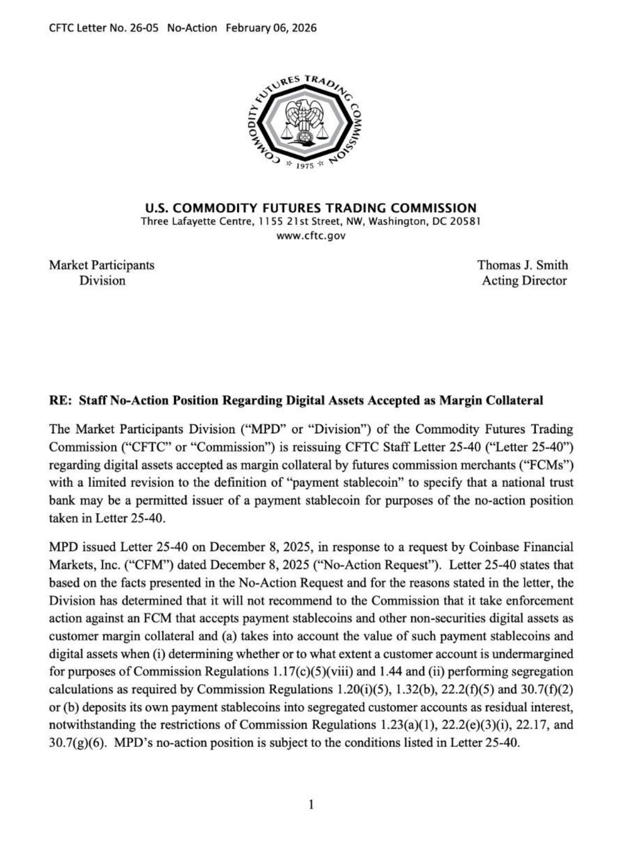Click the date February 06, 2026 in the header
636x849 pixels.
[x=271, y=28]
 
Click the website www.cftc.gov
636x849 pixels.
[x=311, y=236]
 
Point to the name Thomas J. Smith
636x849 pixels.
[x=522, y=265]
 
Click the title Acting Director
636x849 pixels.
[x=524, y=281]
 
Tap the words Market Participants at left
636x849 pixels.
[x=101, y=265]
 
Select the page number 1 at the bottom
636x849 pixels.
[x=311, y=804]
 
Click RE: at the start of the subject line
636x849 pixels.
[x=61, y=400]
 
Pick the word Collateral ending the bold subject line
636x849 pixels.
[x=514, y=400]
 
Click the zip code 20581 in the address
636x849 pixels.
[x=465, y=221]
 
